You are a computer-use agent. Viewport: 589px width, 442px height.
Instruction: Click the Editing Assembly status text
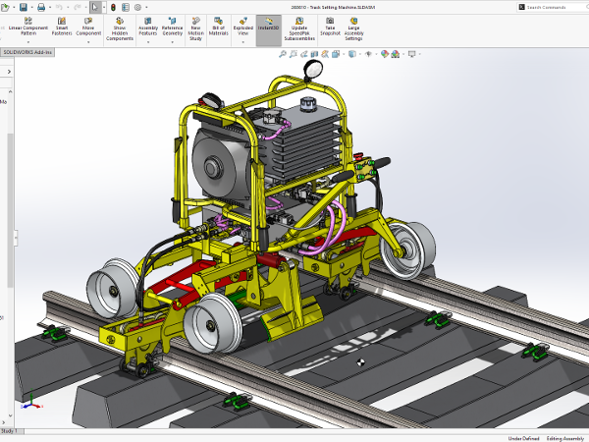click(x=563, y=438)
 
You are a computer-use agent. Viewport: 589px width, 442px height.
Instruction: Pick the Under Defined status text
click(x=522, y=438)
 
